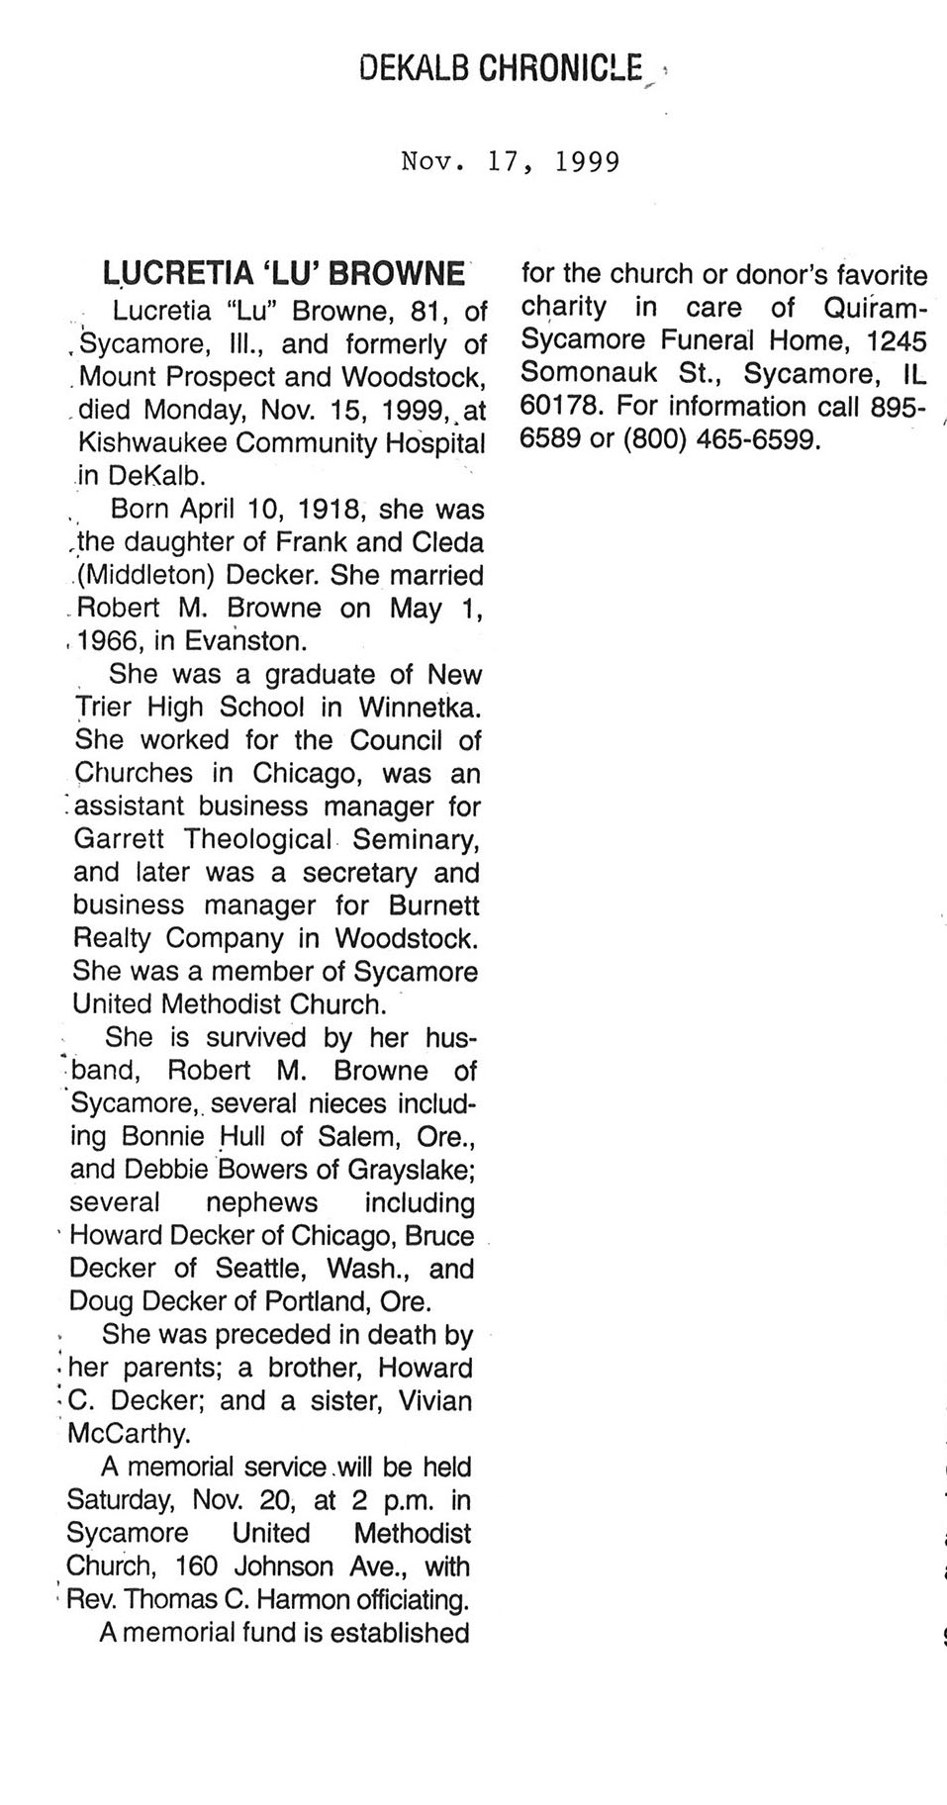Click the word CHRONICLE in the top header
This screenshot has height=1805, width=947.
[x=561, y=68]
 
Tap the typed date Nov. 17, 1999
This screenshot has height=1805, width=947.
[x=511, y=161]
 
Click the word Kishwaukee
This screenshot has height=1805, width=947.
[x=150, y=442]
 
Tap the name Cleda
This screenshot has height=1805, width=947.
[x=450, y=542]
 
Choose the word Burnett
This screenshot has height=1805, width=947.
[x=434, y=905]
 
